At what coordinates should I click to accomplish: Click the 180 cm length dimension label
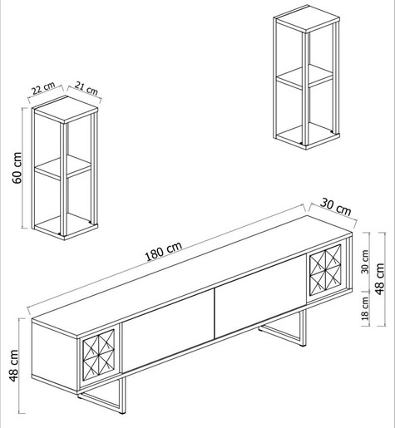pos(164,251)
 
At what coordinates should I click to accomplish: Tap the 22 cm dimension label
pos(43,88)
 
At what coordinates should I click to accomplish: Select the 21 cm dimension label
pos(86,88)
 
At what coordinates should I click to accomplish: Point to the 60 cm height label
pos(17,168)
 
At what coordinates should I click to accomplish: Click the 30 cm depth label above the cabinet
pos(336,206)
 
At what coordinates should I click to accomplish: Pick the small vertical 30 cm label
pos(365,262)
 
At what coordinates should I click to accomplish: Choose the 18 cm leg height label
pos(365,308)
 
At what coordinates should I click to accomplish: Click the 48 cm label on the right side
pos(379,278)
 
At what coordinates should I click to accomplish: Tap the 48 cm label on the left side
pos(14,366)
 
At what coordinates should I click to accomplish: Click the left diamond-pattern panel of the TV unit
pos(98,352)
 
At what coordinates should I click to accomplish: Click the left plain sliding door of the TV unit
pos(168,330)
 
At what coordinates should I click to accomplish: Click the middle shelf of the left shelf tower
pos(63,167)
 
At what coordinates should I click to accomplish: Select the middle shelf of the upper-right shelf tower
pos(304,77)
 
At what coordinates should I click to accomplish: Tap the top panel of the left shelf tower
pos(66,110)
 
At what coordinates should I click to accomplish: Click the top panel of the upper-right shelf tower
pos(307,19)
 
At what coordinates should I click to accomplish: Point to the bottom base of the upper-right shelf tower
pos(307,136)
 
